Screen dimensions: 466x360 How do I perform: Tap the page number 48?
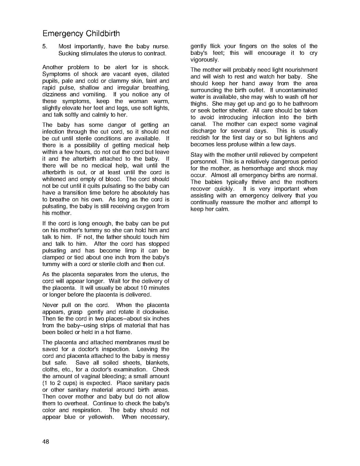tap(46, 441)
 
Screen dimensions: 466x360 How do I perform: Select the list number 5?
tap(45, 46)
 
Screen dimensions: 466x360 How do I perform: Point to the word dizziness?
tap(56, 95)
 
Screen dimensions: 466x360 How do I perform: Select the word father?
tap(125, 237)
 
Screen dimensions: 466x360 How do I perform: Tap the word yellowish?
tap(96, 417)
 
